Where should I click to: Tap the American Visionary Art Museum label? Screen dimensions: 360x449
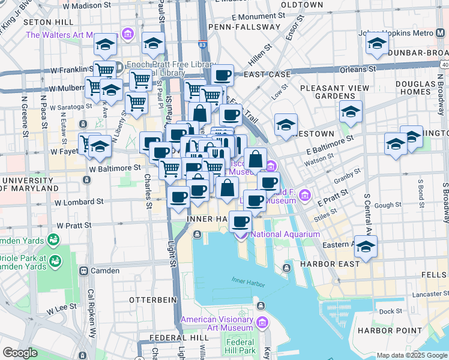(x=217, y=323)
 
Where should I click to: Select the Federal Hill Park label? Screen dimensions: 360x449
(x=240, y=346)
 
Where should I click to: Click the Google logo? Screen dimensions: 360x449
(x=20, y=353)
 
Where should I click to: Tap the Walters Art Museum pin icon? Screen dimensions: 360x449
(x=127, y=34)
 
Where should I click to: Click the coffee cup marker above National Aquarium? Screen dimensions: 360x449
(x=241, y=223)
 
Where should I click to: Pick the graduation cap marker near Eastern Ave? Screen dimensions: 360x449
(x=366, y=247)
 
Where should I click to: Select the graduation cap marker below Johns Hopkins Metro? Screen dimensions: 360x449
(x=377, y=44)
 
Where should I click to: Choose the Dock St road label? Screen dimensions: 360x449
(x=390, y=311)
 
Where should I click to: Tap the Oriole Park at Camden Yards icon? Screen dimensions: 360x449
(x=56, y=262)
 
